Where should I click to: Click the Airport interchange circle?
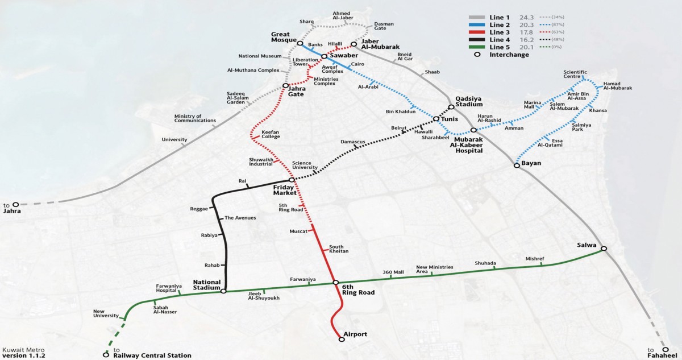pyautogui.click(x=342, y=340)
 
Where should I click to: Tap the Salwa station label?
pyautogui.click(x=587, y=245)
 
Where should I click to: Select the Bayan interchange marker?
pyautogui.click(x=517, y=165)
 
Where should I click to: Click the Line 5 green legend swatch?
pyautogui.click(x=477, y=47)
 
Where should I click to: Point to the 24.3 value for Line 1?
pyautogui.click(x=526, y=18)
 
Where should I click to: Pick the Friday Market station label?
pyautogui.click(x=285, y=190)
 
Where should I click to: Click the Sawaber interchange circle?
pyautogui.click(x=325, y=56)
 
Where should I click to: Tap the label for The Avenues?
pyautogui.click(x=240, y=218)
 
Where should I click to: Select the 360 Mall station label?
pyautogui.click(x=393, y=272)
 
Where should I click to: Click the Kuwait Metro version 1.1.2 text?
pyautogui.click(x=24, y=353)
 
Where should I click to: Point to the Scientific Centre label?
pyautogui.click(x=575, y=74)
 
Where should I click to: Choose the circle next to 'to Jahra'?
pyautogui.click(x=15, y=204)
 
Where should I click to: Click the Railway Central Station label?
pyautogui.click(x=152, y=355)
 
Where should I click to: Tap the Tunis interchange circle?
pyautogui.click(x=436, y=119)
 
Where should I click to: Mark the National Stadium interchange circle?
pyautogui.click(x=223, y=291)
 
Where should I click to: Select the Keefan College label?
pyautogui.click(x=271, y=134)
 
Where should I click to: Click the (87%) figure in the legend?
pyautogui.click(x=558, y=24)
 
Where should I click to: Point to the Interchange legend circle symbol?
pyautogui.click(x=477, y=55)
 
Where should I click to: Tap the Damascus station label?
pyautogui.click(x=352, y=142)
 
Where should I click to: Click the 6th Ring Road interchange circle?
pyautogui.click(x=335, y=283)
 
